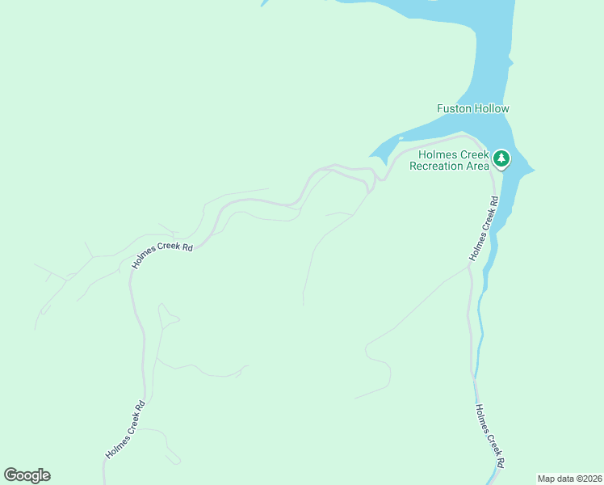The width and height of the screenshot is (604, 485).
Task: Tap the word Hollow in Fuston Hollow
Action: [492, 108]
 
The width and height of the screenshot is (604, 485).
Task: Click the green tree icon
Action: [502, 158]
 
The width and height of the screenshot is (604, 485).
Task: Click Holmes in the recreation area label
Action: [437, 154]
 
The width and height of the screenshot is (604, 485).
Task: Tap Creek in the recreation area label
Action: [474, 154]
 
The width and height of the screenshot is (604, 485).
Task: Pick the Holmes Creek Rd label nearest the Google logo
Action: [125, 430]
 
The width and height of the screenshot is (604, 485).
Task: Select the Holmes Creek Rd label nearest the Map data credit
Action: [489, 436]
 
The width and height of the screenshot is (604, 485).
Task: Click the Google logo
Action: [27, 475]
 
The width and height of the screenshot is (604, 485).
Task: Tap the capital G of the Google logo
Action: [10, 474]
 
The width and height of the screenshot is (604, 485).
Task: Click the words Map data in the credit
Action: [555, 479]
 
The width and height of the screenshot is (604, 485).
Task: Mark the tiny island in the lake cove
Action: [400, 138]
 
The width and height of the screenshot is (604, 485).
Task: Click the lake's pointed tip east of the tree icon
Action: [533, 170]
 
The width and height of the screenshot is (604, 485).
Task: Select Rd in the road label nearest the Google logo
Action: [141, 406]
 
